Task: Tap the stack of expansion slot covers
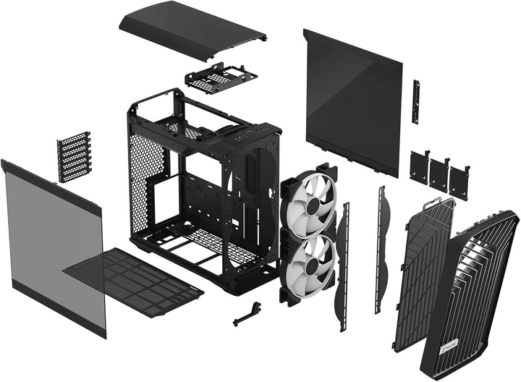coord(75,156)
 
